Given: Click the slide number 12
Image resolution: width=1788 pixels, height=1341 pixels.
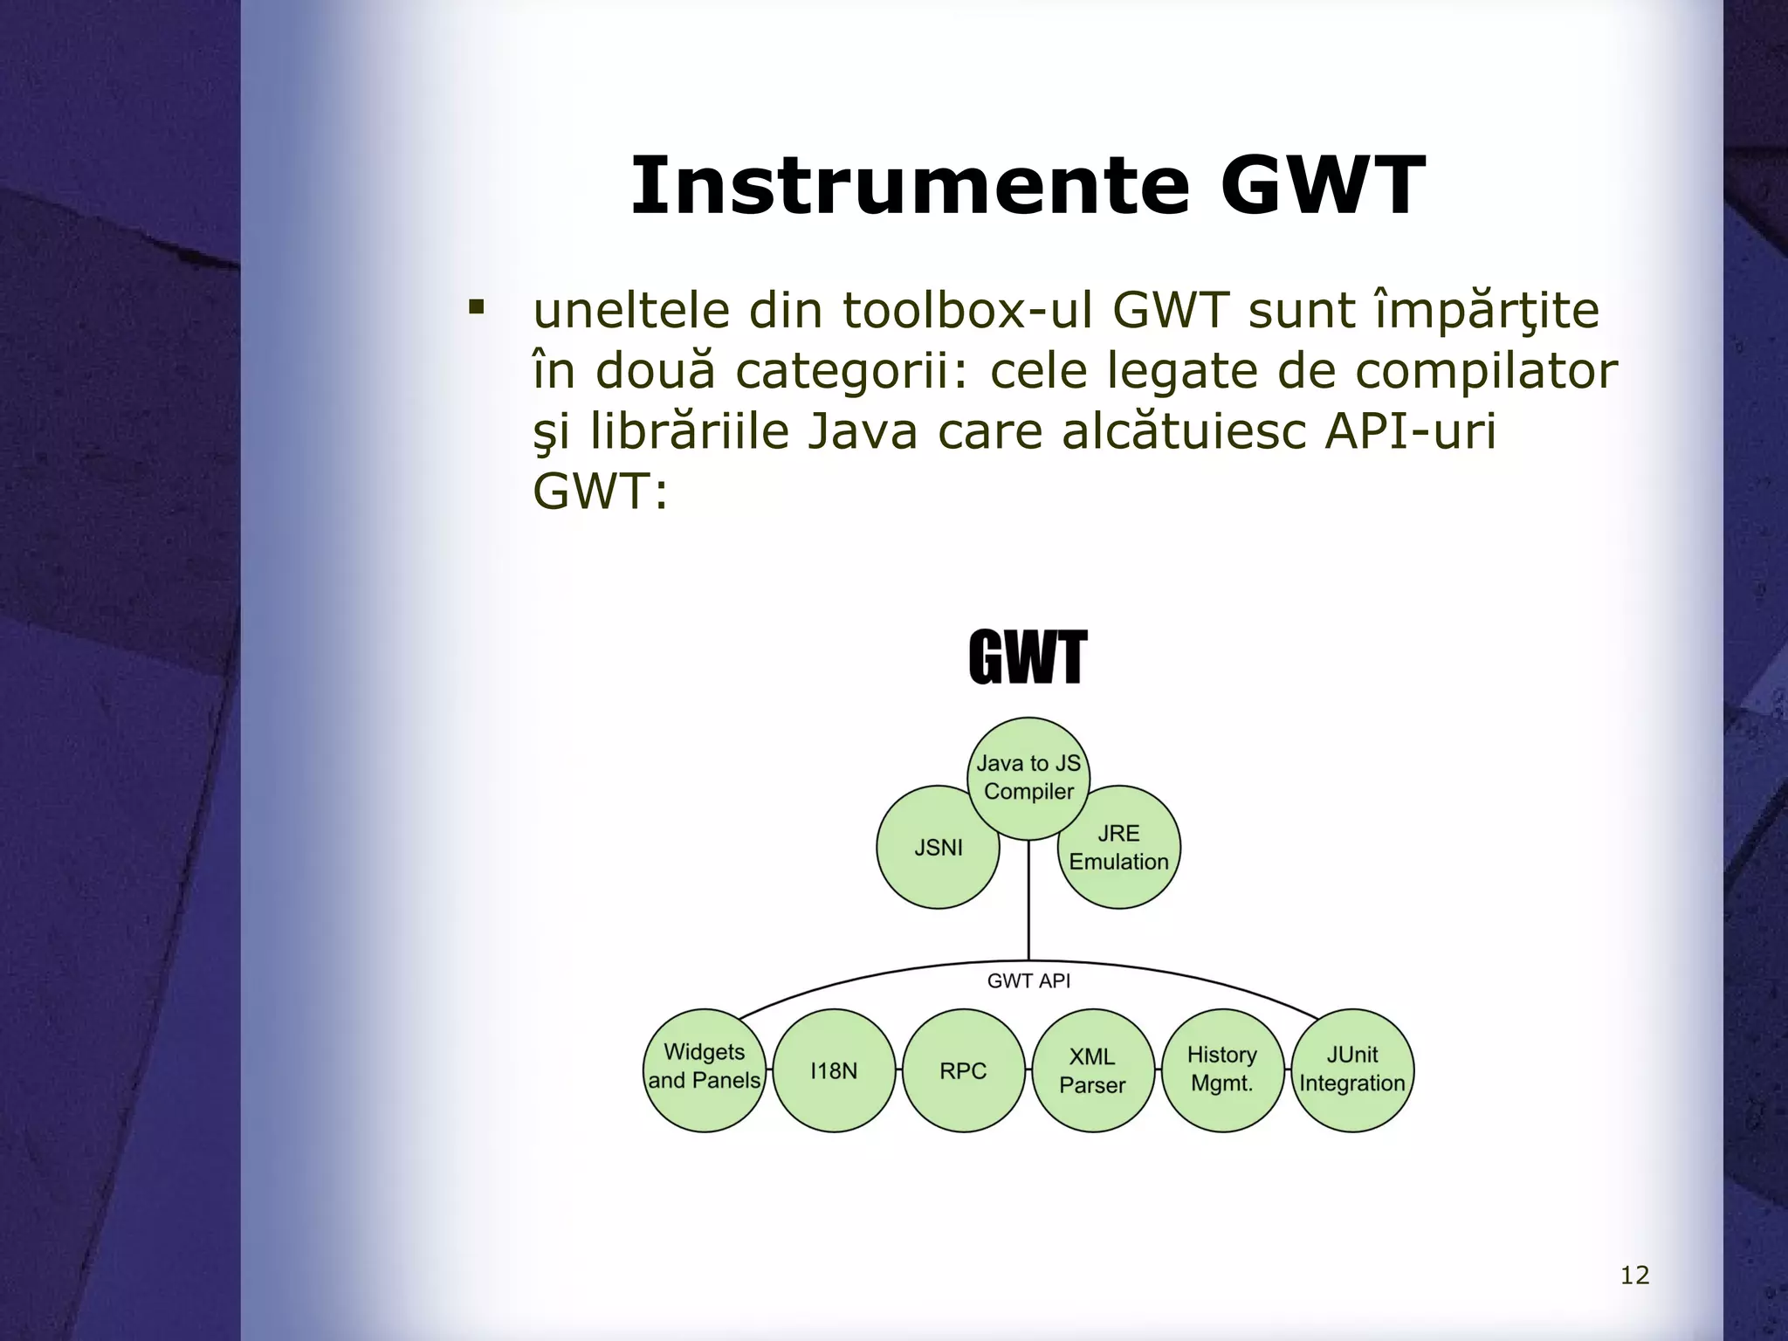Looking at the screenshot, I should [1634, 1276].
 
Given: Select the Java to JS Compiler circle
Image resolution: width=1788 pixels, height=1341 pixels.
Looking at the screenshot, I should [1028, 777].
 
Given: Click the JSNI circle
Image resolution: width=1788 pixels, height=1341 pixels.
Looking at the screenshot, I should [938, 848].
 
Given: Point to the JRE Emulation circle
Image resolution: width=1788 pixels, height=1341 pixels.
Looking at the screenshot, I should [1119, 848].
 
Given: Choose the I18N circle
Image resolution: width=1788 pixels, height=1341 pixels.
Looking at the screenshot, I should [834, 1070].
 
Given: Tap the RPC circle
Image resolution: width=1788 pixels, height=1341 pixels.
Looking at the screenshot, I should [963, 1070].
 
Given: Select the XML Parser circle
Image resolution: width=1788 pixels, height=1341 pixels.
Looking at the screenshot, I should [1092, 1070].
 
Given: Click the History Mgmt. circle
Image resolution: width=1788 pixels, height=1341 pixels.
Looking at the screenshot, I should [1221, 1069].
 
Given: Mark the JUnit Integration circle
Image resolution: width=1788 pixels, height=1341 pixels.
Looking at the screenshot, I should [1351, 1069].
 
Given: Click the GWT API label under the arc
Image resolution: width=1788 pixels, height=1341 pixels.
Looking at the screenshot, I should [1028, 981].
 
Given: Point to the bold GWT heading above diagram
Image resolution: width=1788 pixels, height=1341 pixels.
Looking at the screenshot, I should [1028, 658].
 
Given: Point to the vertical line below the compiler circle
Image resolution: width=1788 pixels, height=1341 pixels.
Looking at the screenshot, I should [1028, 899].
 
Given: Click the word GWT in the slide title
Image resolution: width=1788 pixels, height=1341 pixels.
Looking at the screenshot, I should [1322, 186].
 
